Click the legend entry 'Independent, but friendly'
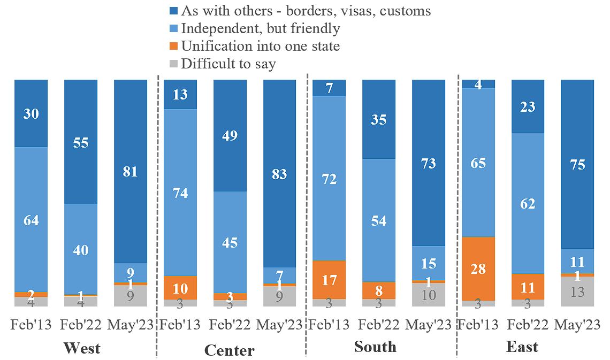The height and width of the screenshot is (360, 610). coord(260,28)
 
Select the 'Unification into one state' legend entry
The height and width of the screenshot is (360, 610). coord(260,46)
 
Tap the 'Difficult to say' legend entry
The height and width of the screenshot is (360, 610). coord(228,64)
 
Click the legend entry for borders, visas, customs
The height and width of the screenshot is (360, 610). coord(306,10)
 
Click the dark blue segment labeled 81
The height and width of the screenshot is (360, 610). coord(131,171)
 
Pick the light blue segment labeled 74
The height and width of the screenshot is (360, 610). coord(180,193)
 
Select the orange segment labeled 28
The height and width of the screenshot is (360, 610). coord(478,269)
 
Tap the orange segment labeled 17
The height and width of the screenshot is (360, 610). coord(329,279)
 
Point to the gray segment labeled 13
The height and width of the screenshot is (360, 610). coord(577,292)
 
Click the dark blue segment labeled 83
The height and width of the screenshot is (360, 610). coord(279,173)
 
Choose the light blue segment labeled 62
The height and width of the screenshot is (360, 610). coord(528,203)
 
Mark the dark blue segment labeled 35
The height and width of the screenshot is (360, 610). coord(379,119)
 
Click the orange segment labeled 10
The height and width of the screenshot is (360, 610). coord(180,288)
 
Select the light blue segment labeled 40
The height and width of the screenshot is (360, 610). coord(81,249)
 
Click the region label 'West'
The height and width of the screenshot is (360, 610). coord(82,348)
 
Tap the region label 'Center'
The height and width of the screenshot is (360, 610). coord(229,350)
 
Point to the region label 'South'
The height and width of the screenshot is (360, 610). coord(375,347)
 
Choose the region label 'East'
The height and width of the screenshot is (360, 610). coord(522,347)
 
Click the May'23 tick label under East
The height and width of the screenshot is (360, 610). coord(577,325)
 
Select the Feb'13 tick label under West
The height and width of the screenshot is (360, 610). coord(31,325)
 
